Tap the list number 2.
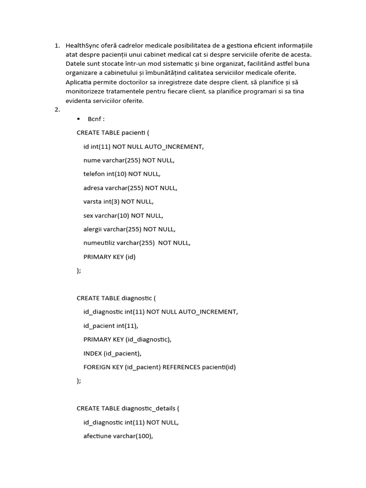[x=57, y=110]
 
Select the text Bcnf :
[x=96, y=119]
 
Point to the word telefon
[x=93, y=174]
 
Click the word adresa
[x=93, y=188]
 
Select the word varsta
[x=93, y=202]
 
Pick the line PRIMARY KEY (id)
[x=110, y=257]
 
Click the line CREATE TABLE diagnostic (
[x=116, y=298]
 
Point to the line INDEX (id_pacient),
[x=112, y=354]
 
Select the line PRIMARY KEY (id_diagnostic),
[x=127, y=340]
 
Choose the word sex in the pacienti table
[x=88, y=215]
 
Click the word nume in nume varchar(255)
[x=92, y=160]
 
